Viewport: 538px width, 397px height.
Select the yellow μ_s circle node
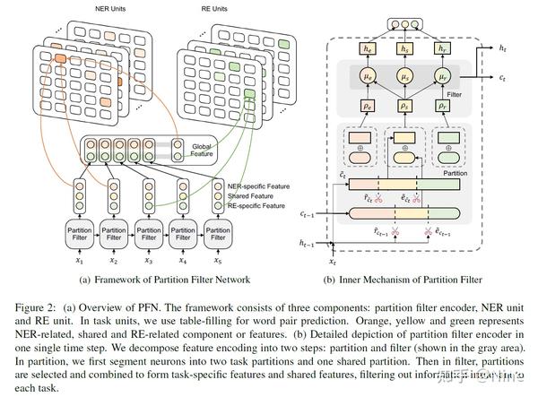tap(403, 79)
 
